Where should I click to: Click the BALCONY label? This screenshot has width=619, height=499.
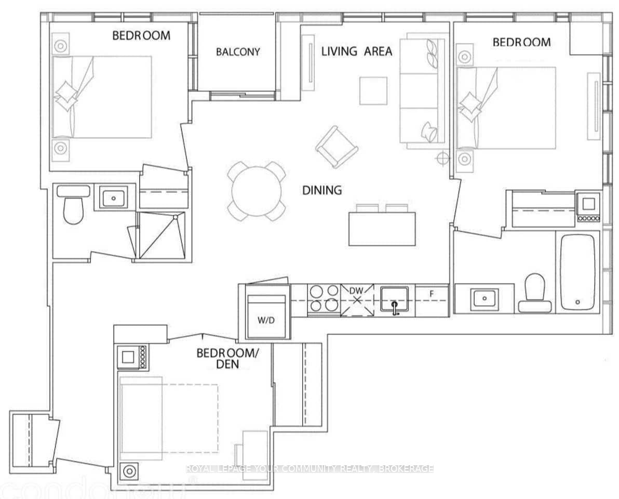pyautogui.click(x=238, y=52)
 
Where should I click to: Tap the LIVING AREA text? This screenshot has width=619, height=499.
pyautogui.click(x=356, y=51)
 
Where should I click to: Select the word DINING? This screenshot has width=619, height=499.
pyautogui.click(x=322, y=190)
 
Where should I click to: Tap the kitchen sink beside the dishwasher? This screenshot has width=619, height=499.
pyautogui.click(x=394, y=300)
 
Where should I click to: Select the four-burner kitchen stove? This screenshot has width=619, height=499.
pyautogui.click(x=324, y=300)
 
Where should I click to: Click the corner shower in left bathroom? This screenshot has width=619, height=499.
pyautogui.click(x=160, y=235)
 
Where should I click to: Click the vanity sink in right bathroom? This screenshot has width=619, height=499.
pyautogui.click(x=484, y=298)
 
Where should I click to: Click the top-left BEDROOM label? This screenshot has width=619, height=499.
pyautogui.click(x=141, y=35)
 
